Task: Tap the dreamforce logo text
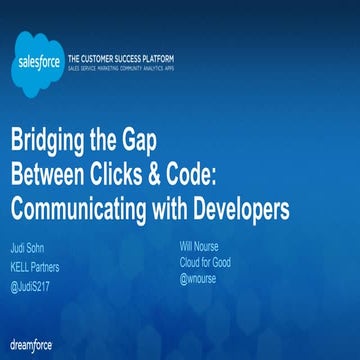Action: tap(29, 345)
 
